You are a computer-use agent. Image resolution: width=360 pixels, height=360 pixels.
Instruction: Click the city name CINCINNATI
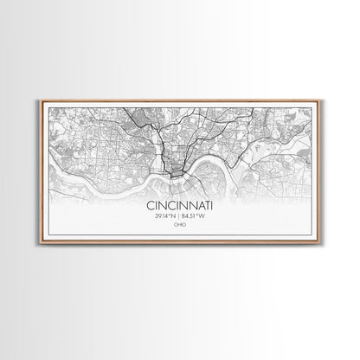pyautogui.click(x=179, y=207)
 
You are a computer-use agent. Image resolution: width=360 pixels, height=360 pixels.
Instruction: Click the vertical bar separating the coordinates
pyautogui.click(x=179, y=216)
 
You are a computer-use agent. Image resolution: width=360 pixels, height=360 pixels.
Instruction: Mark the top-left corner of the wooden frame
pyautogui.click(x=36, y=100)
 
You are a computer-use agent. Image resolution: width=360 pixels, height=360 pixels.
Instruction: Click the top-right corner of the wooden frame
pyautogui.click(x=323, y=100)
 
